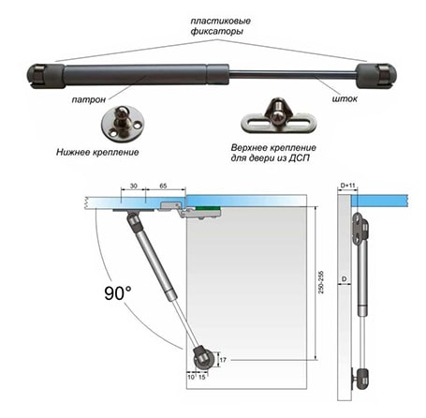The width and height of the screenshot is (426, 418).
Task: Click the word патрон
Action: pos(88,99)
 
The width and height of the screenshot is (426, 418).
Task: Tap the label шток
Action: pos(345,98)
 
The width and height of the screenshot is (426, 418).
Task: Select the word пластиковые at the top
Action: pos(221,22)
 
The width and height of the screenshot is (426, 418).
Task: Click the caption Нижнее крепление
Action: pos(97,153)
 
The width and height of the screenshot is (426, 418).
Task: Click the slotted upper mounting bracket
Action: pos(279,117)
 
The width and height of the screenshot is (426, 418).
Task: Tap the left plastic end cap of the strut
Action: pos(47,76)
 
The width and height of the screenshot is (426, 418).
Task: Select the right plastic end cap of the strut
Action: pos(376,76)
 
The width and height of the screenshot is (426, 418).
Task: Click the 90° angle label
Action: pos(118,293)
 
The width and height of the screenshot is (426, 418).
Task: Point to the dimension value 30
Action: pos(133,186)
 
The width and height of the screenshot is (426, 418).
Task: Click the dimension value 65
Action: pos(163,186)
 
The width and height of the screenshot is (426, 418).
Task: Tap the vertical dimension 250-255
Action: pos(321,282)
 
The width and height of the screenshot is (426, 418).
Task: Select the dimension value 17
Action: pos(223,360)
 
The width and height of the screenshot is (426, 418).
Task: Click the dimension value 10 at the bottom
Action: pos(191,377)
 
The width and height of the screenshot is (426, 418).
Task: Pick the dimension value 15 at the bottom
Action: pos(202,377)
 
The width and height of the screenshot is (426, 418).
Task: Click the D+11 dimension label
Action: pos(347,186)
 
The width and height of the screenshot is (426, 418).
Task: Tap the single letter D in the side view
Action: pos(345,278)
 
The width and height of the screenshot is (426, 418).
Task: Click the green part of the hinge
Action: pos(208,208)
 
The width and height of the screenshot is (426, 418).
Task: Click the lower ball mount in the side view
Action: pos(360,379)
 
